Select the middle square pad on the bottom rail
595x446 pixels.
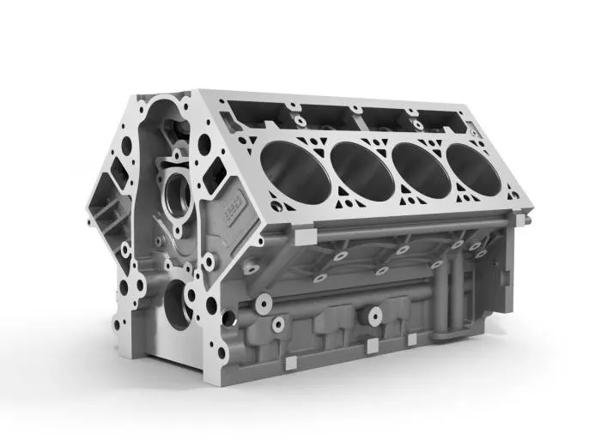click(371, 345)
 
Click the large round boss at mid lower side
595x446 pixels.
click(374, 316)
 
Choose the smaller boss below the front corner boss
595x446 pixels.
click(276, 324)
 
